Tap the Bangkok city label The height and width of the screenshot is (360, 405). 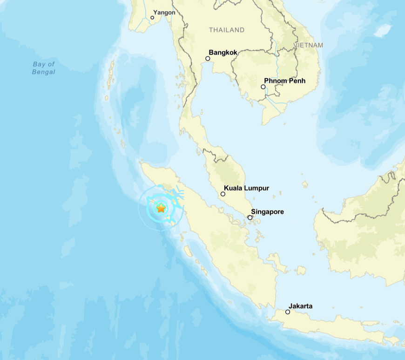[x=223, y=53]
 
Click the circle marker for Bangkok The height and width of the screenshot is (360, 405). [x=208, y=59]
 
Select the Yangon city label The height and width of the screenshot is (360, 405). [x=164, y=13]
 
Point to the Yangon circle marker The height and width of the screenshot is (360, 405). [x=152, y=18]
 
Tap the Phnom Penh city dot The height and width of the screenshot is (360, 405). [x=263, y=87]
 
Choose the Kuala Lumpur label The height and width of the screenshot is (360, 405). [x=246, y=189]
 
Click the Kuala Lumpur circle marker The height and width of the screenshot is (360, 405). [x=223, y=194]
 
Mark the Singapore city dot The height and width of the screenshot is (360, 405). [x=250, y=217]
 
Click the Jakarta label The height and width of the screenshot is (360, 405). [x=301, y=306]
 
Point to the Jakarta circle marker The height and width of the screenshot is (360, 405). [x=288, y=312]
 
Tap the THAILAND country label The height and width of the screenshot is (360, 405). [x=227, y=30]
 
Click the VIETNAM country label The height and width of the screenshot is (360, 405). [x=308, y=45]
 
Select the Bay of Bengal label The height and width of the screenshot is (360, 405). [x=44, y=68]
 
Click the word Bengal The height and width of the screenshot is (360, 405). [x=44, y=72]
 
